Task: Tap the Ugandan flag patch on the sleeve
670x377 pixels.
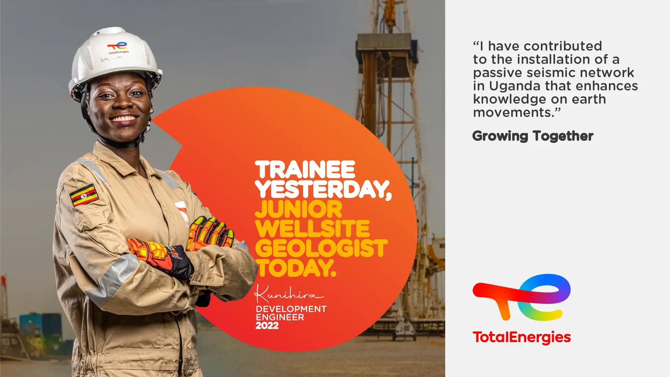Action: [x=84, y=195]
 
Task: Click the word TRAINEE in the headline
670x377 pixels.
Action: [x=305, y=170]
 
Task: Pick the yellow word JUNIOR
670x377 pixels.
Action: [x=299, y=209]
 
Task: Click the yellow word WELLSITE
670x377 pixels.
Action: [x=312, y=229]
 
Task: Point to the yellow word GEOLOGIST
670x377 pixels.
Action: [x=321, y=248]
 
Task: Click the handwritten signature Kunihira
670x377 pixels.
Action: [x=289, y=294]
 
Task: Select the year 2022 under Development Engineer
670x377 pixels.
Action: [x=267, y=326]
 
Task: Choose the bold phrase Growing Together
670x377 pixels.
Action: [x=533, y=136]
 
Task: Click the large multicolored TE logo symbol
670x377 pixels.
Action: [x=522, y=297]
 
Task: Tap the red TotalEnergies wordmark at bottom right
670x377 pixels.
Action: [x=522, y=338]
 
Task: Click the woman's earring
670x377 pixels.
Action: [x=151, y=111]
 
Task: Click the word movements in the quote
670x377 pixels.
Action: [x=512, y=113]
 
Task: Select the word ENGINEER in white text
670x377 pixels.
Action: [x=280, y=317]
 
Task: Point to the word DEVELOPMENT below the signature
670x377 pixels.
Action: [x=291, y=309]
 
